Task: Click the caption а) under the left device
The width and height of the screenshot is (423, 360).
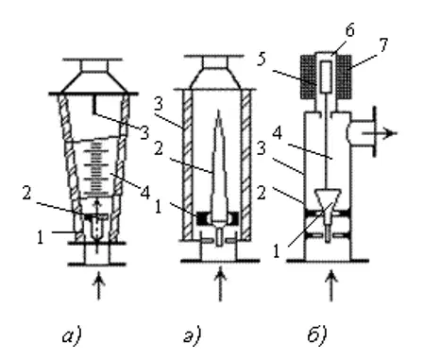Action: pos(72,335)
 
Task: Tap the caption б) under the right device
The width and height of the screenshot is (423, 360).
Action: pos(317,334)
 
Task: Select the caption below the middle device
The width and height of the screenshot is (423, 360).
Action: pos(193,335)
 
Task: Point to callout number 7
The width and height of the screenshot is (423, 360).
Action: pos(382,45)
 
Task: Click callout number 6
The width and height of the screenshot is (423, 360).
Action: pos(349,30)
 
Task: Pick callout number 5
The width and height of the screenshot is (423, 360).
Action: pos(262,59)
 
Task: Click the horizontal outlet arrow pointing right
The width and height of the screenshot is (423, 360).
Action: pos(380,133)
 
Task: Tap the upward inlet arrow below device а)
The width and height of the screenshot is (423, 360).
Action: pos(99,286)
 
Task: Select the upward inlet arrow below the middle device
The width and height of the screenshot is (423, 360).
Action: pos(220,283)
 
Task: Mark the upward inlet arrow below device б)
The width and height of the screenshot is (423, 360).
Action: pos(330,285)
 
